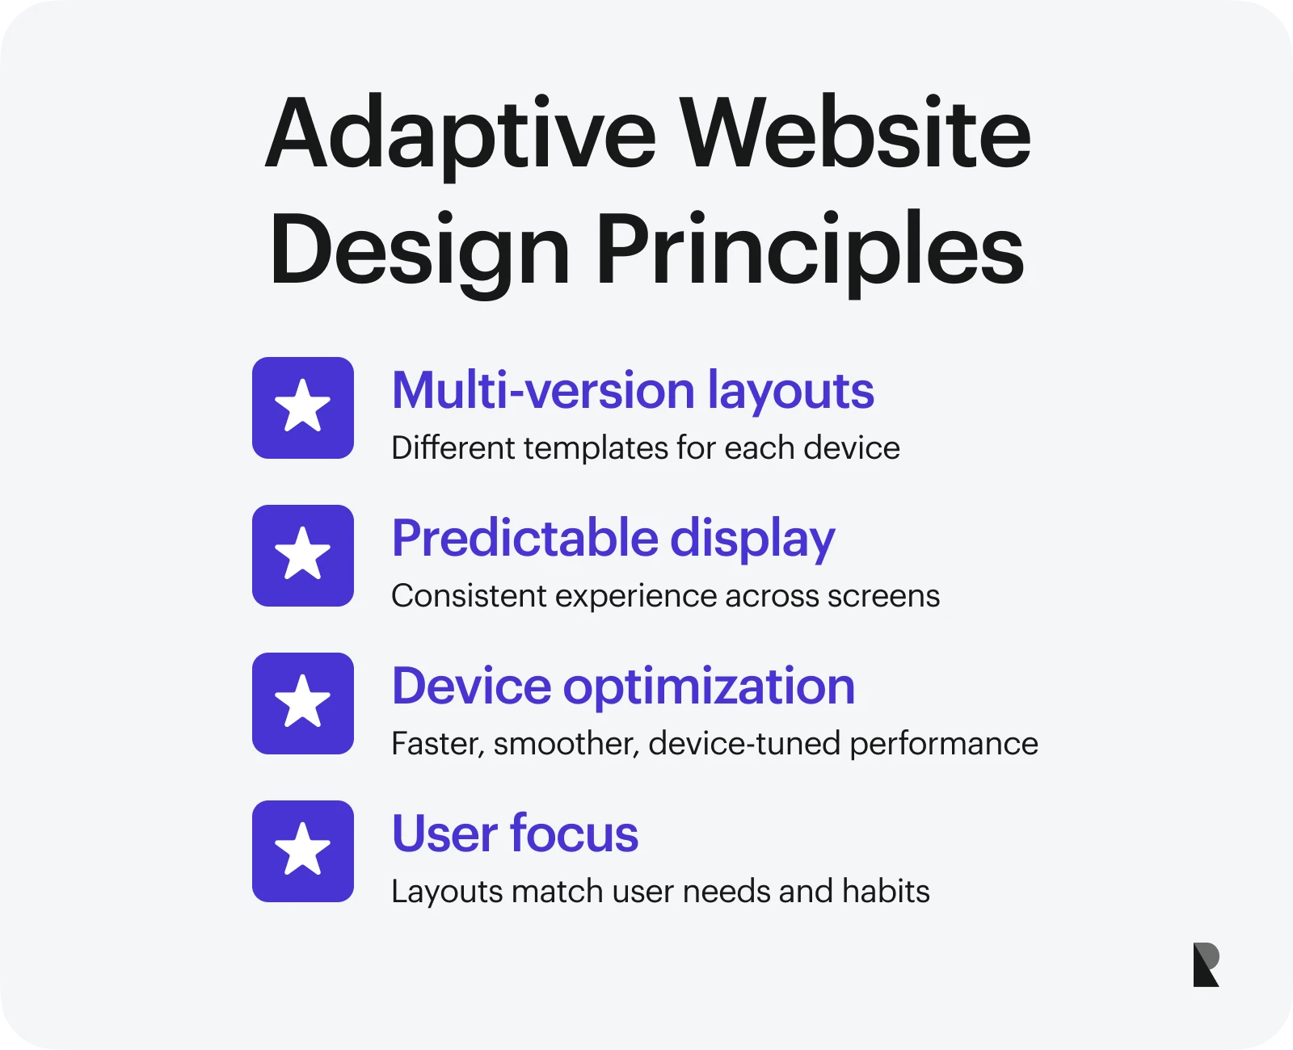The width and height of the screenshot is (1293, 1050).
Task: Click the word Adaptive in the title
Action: [461, 136]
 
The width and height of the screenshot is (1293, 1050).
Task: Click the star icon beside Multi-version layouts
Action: [303, 408]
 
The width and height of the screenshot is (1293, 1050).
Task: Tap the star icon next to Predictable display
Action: [303, 556]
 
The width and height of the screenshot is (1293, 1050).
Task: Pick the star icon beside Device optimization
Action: [303, 703]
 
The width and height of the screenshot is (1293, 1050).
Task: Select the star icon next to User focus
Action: [303, 851]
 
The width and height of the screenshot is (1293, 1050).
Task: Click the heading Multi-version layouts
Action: [633, 392]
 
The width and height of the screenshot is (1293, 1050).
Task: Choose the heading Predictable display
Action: [613, 540]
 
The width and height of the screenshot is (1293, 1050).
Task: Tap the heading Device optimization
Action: [623, 687]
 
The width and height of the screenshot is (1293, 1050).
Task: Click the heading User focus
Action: [516, 834]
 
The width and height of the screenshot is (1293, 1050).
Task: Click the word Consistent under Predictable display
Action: [469, 595]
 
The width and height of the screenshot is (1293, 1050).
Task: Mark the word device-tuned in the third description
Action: [744, 744]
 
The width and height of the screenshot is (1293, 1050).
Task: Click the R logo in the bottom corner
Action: [1206, 965]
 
